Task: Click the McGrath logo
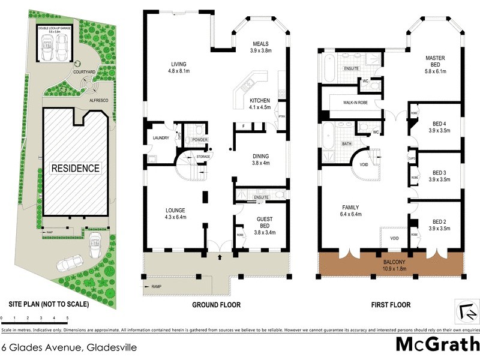pos(437,344)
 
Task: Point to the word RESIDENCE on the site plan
pos(75,168)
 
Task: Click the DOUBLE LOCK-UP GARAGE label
pos(54,28)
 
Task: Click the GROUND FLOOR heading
pos(216,305)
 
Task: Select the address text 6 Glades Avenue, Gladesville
pos(69,347)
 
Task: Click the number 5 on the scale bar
pos(67,318)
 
